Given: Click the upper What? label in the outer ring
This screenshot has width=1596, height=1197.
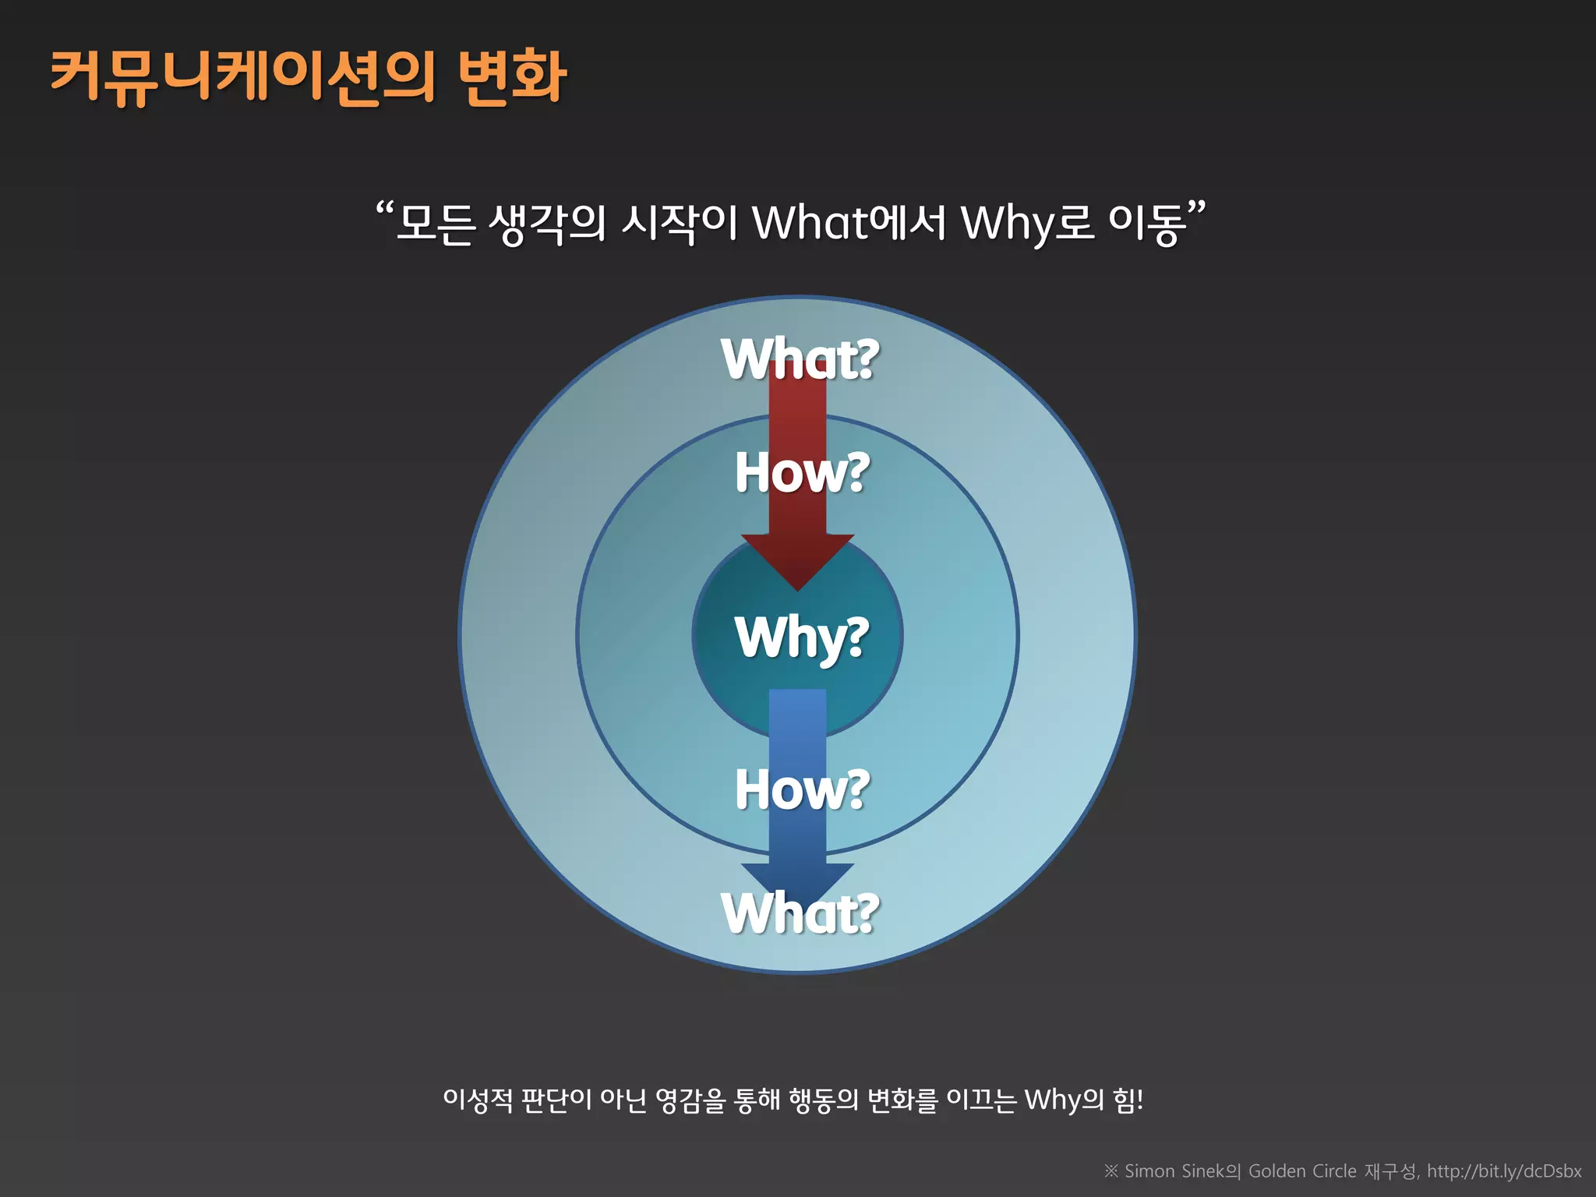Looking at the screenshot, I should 800,359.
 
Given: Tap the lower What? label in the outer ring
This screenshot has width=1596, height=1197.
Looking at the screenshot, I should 800,913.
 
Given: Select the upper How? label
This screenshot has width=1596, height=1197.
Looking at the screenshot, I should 802,472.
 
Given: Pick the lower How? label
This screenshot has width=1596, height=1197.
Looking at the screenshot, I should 802,789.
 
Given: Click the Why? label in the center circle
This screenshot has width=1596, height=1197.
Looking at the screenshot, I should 801,637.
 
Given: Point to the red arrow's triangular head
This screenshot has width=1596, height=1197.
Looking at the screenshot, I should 797,560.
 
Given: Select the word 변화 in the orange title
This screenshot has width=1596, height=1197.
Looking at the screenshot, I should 511,77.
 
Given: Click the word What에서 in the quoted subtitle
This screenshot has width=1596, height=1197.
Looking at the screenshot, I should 849,223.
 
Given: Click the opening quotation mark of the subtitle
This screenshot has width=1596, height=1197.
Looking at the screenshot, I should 384,210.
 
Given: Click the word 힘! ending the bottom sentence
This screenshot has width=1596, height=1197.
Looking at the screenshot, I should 1128,1100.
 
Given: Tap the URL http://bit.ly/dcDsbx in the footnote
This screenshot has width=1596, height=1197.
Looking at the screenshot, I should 1504,1171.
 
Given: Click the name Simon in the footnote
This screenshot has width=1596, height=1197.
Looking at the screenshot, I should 1149,1171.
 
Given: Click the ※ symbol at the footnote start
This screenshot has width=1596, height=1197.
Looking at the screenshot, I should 1110,1171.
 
